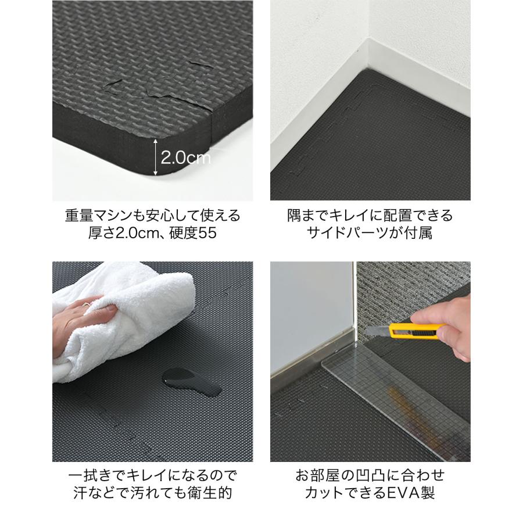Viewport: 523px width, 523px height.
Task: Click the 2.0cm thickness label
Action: pos(185,157)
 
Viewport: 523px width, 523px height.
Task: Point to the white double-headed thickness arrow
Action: pos(155,157)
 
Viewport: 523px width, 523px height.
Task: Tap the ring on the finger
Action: pos(87,305)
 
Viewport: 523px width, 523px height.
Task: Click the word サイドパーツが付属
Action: pos(370,234)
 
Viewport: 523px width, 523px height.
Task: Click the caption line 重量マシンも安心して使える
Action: pos(152,216)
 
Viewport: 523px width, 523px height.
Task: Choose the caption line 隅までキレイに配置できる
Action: pos(370,216)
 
